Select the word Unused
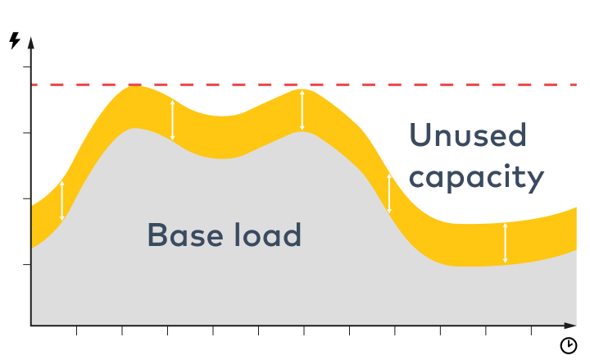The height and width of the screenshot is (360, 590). point(467,135)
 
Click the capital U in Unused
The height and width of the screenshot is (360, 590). point(419,135)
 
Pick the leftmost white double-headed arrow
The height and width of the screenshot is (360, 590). point(62,201)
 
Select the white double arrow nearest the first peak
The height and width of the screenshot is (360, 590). point(172,120)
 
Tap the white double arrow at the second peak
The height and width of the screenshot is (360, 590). point(302,110)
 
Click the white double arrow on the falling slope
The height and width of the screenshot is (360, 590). point(389,194)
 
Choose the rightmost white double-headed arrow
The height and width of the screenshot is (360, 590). point(505,243)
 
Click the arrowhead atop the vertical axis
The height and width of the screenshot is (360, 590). point(31,41)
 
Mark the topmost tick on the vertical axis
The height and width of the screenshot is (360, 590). point(28,67)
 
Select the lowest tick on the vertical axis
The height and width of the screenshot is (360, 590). point(28,265)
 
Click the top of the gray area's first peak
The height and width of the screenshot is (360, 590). point(134,129)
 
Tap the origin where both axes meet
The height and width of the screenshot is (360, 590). point(31,326)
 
